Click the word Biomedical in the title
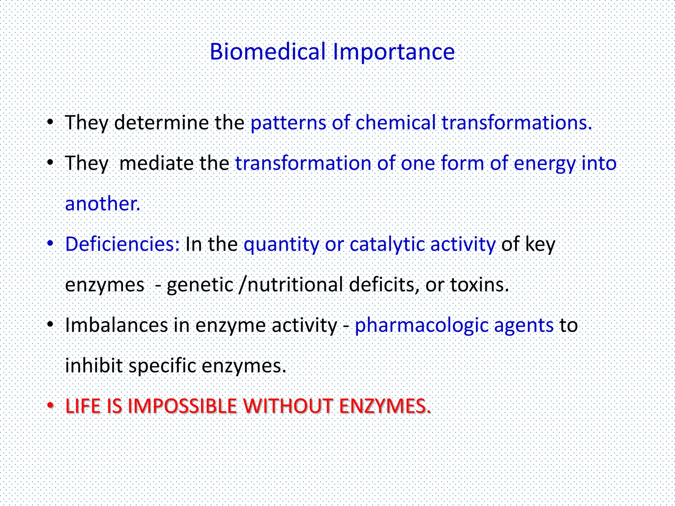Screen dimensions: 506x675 click(268, 52)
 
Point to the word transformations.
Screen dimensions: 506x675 click(516, 123)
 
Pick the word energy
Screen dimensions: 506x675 click(544, 164)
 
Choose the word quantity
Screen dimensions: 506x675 click(281, 245)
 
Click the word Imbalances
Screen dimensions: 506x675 click(117, 325)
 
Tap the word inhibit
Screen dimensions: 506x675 click(94, 366)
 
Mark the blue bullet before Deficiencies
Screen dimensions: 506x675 click(50, 244)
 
